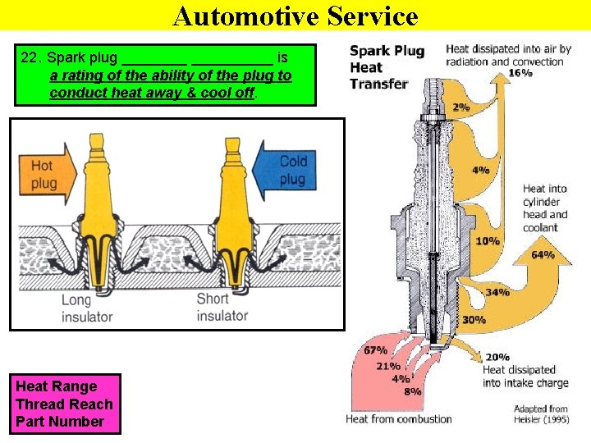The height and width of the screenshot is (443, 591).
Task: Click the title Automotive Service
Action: pyautogui.click(x=295, y=16)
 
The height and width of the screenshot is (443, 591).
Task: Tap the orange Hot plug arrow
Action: pyautogui.click(x=45, y=174)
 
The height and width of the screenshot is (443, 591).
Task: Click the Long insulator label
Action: pyautogui.click(x=86, y=308)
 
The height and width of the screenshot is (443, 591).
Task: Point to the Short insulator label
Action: pyautogui.click(x=222, y=307)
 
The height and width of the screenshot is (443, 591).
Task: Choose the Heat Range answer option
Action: pyautogui.click(x=56, y=386)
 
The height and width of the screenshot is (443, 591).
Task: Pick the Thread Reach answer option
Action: pyautogui.click(x=64, y=404)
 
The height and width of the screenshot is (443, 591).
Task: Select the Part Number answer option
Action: pyautogui.click(x=60, y=422)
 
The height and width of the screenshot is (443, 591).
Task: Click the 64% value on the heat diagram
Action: pyautogui.click(x=543, y=255)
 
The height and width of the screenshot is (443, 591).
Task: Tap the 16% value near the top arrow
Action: pyautogui.click(x=520, y=73)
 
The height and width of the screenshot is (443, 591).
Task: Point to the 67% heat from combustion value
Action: pyautogui.click(x=375, y=351)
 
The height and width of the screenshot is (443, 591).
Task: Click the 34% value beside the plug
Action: pyautogui.click(x=497, y=292)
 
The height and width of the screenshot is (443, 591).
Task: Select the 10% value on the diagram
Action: pyautogui.click(x=487, y=241)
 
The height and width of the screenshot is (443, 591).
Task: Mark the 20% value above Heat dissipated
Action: pyautogui.click(x=497, y=357)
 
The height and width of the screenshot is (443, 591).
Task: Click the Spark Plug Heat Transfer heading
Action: pyautogui.click(x=387, y=66)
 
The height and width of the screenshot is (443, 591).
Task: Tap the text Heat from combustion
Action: pyautogui.click(x=399, y=419)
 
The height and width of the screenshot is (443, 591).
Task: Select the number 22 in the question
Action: pyautogui.click(x=30, y=58)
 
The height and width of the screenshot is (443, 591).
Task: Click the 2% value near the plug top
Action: pyautogui.click(x=461, y=107)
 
